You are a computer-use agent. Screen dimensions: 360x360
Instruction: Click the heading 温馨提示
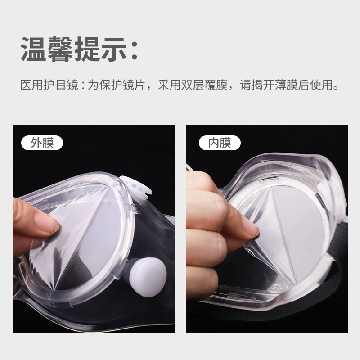tap(74, 49)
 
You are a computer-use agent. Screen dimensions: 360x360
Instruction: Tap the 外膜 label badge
tap(42, 143)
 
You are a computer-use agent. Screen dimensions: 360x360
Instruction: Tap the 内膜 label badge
tap(220, 143)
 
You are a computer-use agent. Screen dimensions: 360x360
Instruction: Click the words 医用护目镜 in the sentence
tap(49, 85)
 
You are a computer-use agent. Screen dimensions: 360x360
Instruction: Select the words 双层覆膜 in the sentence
tap(204, 85)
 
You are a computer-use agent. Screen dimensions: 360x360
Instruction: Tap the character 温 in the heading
tap(34, 49)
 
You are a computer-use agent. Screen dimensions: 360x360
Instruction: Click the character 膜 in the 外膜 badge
tap(48, 143)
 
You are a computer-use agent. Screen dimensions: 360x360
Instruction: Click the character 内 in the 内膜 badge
tap(214, 143)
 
